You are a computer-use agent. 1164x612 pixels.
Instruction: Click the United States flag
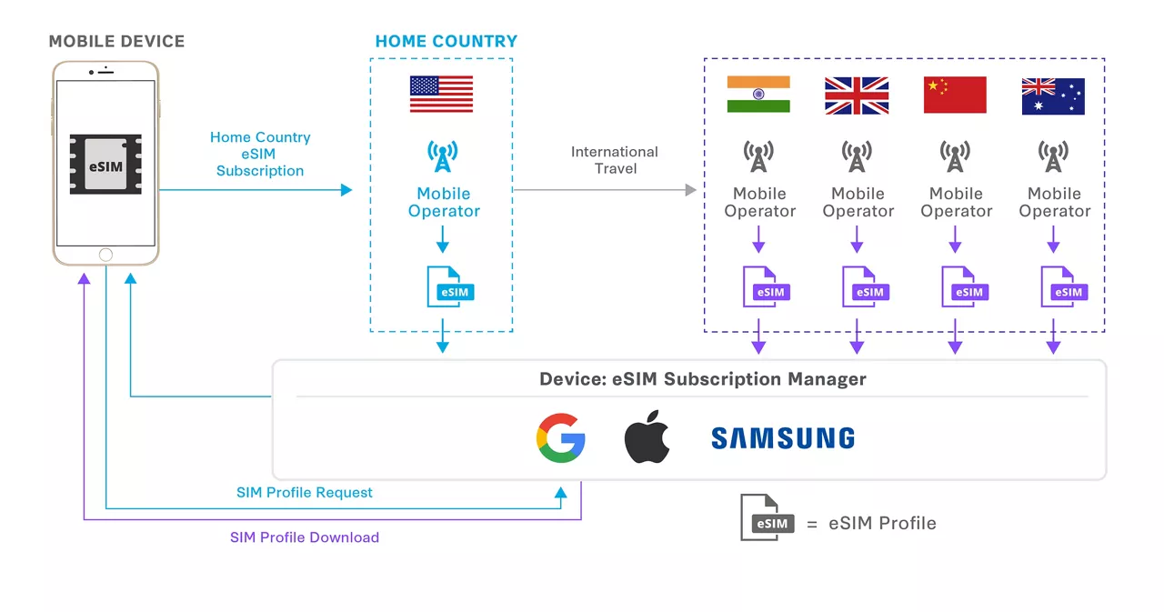coord(441,94)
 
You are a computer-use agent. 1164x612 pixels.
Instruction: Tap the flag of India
coord(758,95)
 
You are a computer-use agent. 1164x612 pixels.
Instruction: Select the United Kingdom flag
coord(857,95)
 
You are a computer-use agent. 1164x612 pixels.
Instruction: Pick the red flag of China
coord(955,95)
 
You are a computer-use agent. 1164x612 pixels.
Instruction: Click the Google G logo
coord(560,438)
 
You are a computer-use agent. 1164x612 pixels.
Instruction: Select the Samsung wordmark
coord(783,438)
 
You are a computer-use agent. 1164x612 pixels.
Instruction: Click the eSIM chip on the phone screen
coord(105,165)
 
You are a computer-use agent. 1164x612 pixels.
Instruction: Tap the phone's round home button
coord(105,255)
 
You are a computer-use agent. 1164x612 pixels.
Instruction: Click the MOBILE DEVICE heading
coord(116,42)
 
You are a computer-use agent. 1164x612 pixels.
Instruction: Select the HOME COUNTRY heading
coord(446,42)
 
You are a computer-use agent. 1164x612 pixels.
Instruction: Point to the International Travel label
coord(615,160)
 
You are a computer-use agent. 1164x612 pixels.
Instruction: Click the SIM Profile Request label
coord(305,493)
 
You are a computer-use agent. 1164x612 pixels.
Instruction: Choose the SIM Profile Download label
coord(305,537)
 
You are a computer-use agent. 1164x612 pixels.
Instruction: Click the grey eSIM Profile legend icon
coord(766,518)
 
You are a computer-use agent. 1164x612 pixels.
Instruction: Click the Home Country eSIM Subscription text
coord(260,154)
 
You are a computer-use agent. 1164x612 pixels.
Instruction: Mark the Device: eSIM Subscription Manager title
coord(703,379)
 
